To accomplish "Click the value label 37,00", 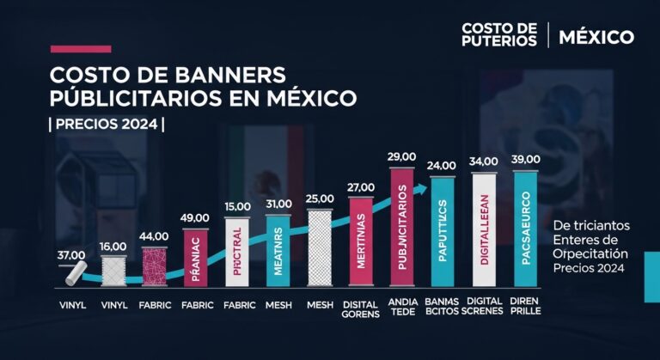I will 72,255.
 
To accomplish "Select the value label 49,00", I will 196,219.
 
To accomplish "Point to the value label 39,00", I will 526,160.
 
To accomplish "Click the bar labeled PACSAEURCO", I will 526,228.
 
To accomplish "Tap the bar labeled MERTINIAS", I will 361,242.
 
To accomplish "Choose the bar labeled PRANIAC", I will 196,258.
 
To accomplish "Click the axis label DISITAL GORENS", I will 361,308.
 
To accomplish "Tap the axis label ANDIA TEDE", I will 402,308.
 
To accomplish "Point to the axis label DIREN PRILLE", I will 526,308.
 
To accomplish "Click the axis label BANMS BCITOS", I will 443,308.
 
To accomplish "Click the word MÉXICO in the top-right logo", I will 596,37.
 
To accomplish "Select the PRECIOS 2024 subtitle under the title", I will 107,123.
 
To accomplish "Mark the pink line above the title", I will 81,49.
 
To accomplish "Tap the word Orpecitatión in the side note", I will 591,255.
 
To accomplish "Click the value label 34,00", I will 485,161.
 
